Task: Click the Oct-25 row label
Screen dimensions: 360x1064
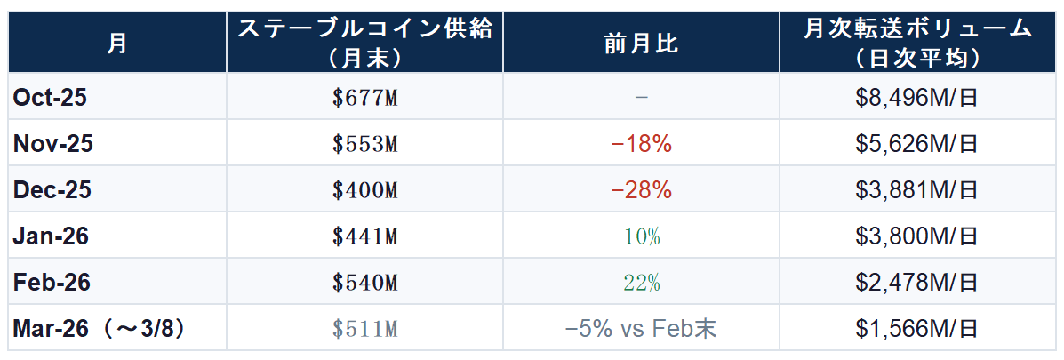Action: coord(50,98)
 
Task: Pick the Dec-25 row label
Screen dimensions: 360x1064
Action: coord(52,190)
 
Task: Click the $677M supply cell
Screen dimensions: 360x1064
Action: coord(364,98)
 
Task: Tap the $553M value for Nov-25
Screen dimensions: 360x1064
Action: coord(364,144)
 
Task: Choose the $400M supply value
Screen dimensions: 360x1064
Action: coord(364,190)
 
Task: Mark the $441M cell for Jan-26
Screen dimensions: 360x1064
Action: coord(364,236)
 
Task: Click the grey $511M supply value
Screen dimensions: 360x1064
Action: coord(364,329)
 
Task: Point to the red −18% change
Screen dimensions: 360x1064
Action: coord(641,144)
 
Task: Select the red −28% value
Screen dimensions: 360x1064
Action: coord(641,190)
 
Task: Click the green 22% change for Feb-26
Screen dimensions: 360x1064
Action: coord(641,283)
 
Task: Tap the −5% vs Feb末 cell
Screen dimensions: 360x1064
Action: coord(641,329)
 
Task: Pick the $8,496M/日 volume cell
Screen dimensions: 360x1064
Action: coord(916,98)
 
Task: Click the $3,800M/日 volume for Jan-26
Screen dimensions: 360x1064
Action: coord(916,236)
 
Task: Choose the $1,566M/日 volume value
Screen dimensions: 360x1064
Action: coord(916,329)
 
